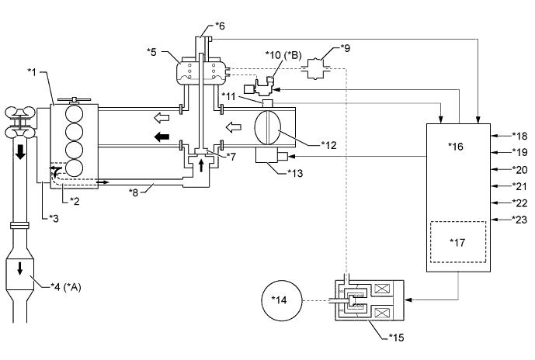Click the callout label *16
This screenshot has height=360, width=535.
point(456,146)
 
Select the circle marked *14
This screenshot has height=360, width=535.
point(282,300)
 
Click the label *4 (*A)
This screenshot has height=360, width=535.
point(66,287)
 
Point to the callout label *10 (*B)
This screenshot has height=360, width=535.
point(283,55)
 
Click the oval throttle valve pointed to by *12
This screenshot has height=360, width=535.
point(267,127)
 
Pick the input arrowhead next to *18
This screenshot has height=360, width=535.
point(493,136)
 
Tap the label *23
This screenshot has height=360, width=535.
point(519,220)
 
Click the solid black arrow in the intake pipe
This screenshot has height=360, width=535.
point(162,137)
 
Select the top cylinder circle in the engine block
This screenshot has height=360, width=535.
point(75,113)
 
